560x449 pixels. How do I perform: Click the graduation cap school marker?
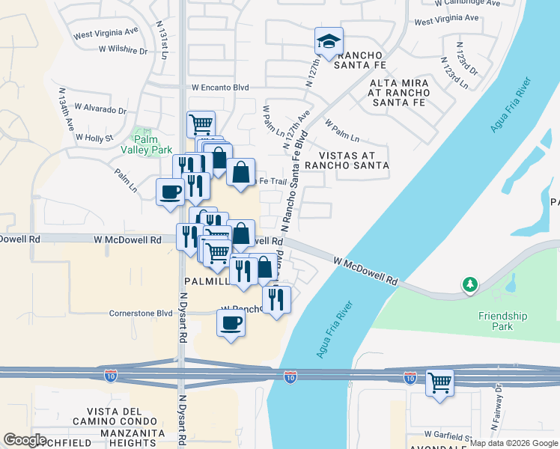point(329,42)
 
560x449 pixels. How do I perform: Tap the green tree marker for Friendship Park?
point(469,284)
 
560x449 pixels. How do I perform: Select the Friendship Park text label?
point(502,321)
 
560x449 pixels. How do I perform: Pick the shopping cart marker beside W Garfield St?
point(439,383)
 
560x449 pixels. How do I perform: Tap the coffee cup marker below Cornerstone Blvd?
point(231,324)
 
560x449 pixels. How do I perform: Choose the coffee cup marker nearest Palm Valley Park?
point(170,192)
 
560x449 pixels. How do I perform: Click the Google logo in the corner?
point(25,440)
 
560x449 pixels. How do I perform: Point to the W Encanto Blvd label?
point(220,88)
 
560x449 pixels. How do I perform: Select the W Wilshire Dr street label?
point(123,50)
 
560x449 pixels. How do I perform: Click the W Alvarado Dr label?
point(100,109)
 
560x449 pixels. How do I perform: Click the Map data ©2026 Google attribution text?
point(514,443)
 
